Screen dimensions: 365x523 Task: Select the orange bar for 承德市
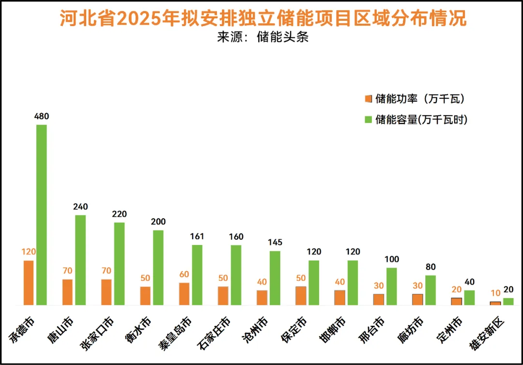[29, 283]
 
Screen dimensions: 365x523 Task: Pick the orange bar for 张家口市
[106, 292]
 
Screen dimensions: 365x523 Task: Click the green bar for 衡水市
[158, 268]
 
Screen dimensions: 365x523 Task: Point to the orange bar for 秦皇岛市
[184, 294]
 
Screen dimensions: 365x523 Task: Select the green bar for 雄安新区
[508, 302]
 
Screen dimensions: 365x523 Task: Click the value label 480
[42, 116]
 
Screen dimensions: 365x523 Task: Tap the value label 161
[197, 237]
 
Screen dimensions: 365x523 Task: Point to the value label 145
[275, 243]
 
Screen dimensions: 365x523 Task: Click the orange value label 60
[184, 274]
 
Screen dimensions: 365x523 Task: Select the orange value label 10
[495, 293]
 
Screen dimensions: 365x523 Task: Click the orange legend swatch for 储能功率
[368, 99]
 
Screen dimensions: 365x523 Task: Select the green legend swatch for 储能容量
[368, 120]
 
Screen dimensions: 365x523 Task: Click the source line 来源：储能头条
[262, 37]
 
